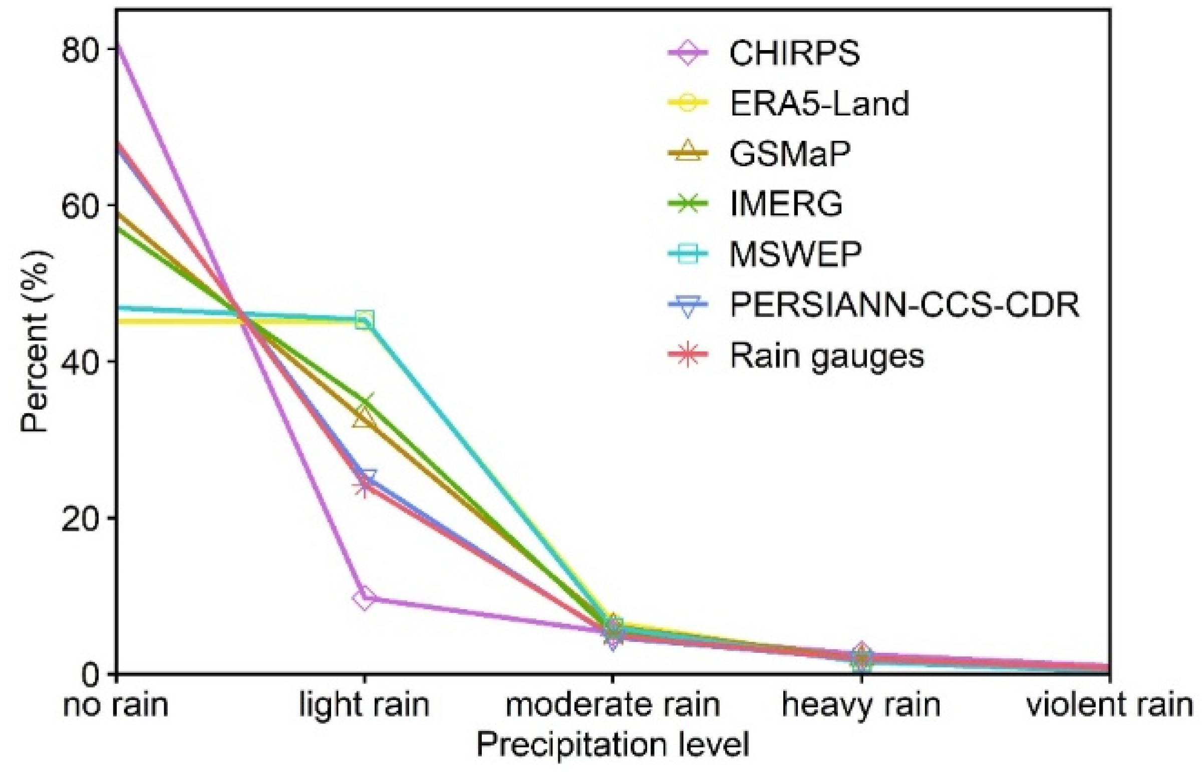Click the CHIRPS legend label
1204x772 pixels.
794,53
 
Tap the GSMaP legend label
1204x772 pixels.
790,154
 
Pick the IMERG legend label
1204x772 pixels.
786,204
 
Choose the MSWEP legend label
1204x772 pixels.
795,255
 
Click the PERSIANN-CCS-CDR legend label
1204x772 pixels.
904,305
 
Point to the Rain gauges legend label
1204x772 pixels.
826,356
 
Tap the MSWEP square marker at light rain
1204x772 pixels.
365,319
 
